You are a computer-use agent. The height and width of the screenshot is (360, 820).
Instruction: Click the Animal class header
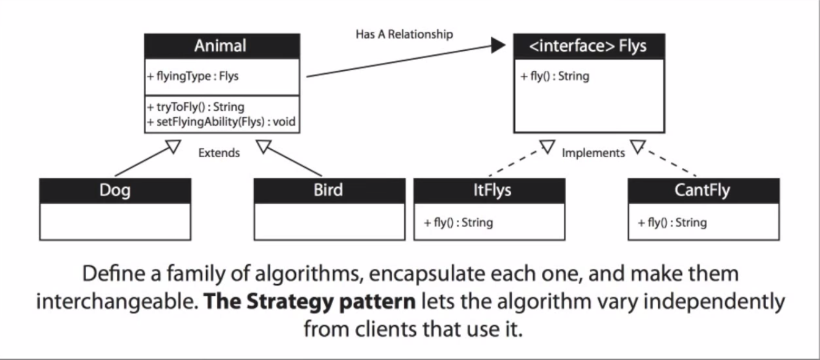(x=221, y=46)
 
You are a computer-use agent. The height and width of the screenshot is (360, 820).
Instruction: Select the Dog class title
(x=115, y=190)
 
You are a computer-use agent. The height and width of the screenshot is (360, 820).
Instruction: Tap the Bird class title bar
(x=329, y=190)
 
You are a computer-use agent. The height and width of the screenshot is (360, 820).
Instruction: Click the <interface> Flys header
(x=588, y=46)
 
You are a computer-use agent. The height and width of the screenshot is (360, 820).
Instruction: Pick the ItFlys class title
(x=489, y=190)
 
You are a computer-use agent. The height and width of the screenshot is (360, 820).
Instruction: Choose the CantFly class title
(x=703, y=190)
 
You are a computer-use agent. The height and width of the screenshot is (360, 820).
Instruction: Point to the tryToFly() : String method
(x=196, y=107)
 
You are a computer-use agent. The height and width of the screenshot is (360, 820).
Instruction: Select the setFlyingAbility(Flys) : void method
(x=222, y=122)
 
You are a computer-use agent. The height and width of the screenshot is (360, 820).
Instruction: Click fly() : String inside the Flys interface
(x=555, y=76)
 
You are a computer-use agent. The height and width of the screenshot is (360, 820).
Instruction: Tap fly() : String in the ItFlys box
(x=459, y=222)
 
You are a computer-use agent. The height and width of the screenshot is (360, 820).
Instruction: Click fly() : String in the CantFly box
(x=673, y=222)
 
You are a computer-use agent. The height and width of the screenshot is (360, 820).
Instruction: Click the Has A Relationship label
(x=404, y=34)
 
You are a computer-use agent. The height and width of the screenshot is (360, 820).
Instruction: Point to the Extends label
(x=219, y=153)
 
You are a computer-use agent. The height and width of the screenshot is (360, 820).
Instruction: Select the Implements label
(x=593, y=153)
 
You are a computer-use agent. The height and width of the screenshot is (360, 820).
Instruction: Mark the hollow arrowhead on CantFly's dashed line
(x=638, y=146)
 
